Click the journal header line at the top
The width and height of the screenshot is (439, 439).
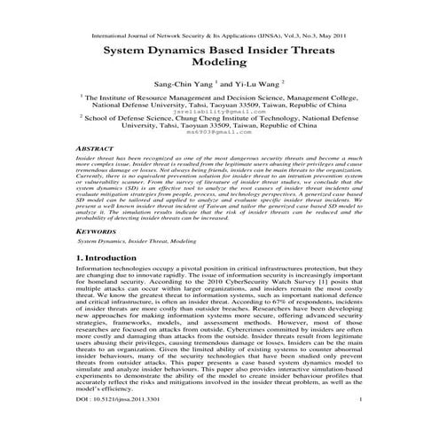pyautogui.click(x=219, y=37)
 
